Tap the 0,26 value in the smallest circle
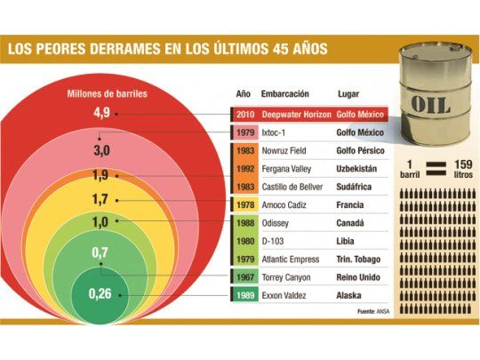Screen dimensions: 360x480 coord(100,293)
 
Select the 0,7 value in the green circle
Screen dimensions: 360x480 coord(100,254)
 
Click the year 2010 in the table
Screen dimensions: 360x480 coord(244,115)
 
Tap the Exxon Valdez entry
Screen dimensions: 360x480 coord(285,295)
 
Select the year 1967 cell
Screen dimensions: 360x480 coord(245,276)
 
